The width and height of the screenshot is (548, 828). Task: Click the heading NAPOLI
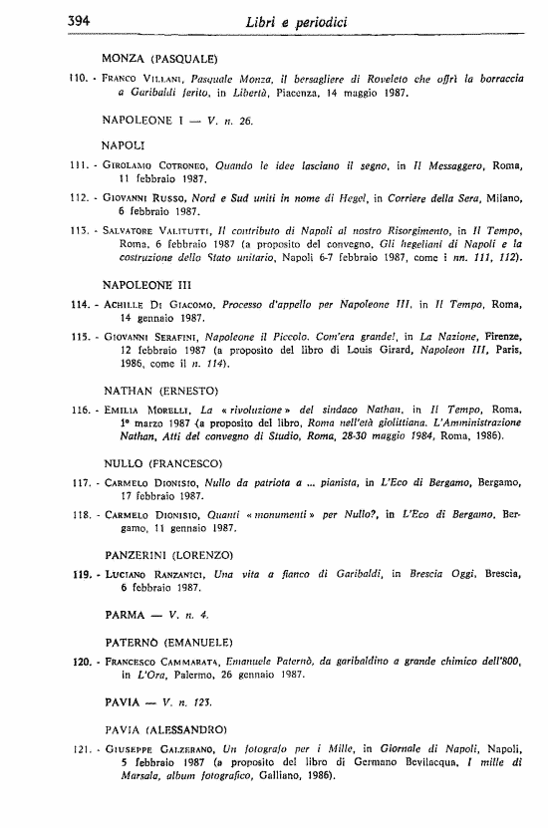pos(125,144)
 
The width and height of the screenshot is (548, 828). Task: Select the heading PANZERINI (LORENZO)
pos(168,554)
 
